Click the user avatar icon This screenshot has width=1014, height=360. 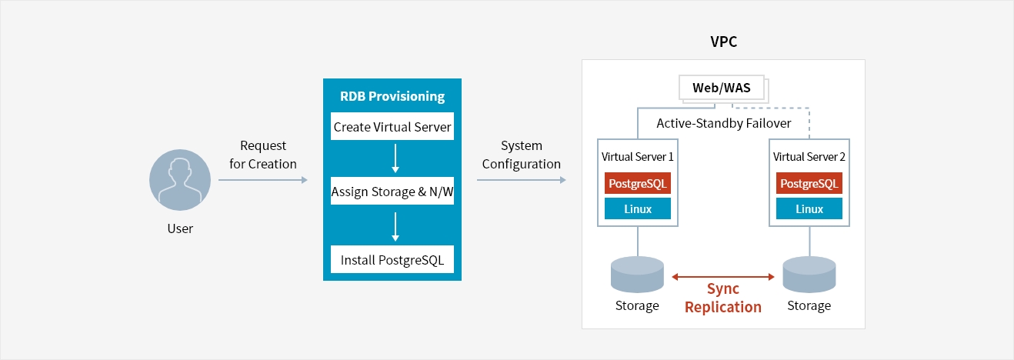pos(179,180)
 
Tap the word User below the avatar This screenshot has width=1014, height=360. pos(180,228)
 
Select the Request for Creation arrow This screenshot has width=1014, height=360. pos(262,180)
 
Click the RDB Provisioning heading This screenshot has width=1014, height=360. pos(392,97)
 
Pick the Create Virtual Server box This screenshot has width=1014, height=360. pos(392,127)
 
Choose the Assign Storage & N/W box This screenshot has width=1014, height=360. pos(392,192)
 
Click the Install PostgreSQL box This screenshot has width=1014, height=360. pos(392,260)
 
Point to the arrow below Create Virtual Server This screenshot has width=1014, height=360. pos(395,158)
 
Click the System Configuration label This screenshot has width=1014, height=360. pos(521,155)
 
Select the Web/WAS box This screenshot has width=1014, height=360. pos(721,88)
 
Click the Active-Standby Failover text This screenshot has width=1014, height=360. pos(723,123)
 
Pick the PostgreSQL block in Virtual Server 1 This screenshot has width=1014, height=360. pos(638,184)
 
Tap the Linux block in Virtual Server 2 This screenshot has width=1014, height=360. pos(809,209)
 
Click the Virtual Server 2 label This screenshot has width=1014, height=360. pos(809,156)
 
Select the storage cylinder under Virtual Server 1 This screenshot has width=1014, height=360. pos(637,275)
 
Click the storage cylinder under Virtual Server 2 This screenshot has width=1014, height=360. pos(809,275)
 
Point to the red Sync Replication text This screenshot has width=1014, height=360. pos(722,298)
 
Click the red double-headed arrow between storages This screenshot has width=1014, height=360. pos(722,276)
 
